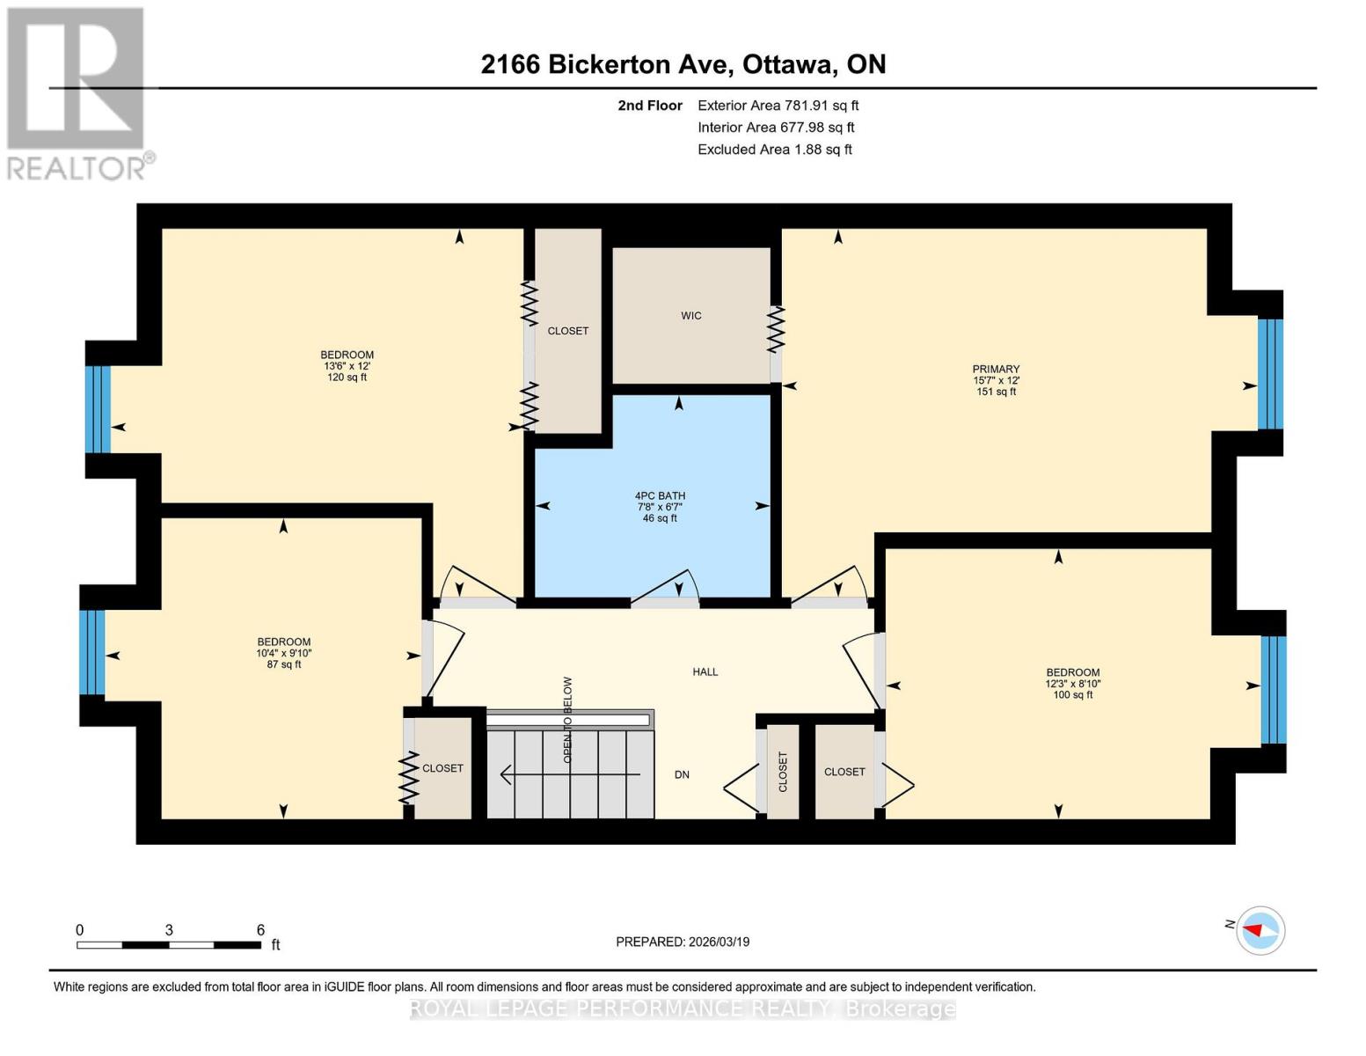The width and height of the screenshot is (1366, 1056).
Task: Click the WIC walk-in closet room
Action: pos(690,315)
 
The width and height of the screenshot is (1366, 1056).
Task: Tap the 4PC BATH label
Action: pos(660,495)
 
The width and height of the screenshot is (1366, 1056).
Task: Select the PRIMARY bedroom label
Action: pos(996,370)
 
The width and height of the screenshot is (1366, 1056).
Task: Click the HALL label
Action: pos(705,671)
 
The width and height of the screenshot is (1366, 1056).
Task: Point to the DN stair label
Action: pos(682,775)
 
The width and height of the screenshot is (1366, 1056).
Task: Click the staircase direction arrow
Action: pos(570,774)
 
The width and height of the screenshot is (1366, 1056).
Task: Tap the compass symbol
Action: pos(1260,931)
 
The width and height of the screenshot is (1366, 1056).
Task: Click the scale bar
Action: pos(169,944)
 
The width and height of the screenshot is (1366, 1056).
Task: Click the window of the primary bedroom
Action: pos(1270,374)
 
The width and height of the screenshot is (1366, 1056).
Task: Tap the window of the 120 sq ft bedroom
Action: pos(98,409)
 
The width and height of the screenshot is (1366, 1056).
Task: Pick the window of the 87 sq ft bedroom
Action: pos(91,652)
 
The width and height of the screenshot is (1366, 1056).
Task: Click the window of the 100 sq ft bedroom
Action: pos(1274,691)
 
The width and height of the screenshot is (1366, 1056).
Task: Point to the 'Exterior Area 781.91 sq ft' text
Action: pos(778,106)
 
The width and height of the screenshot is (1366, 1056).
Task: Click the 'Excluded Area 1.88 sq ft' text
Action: pos(774,150)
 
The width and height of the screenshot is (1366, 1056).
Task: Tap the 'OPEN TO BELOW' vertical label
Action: pos(567,720)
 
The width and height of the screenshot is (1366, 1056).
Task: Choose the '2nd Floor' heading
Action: pos(649,106)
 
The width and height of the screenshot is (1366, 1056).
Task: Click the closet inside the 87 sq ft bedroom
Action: pos(442,768)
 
